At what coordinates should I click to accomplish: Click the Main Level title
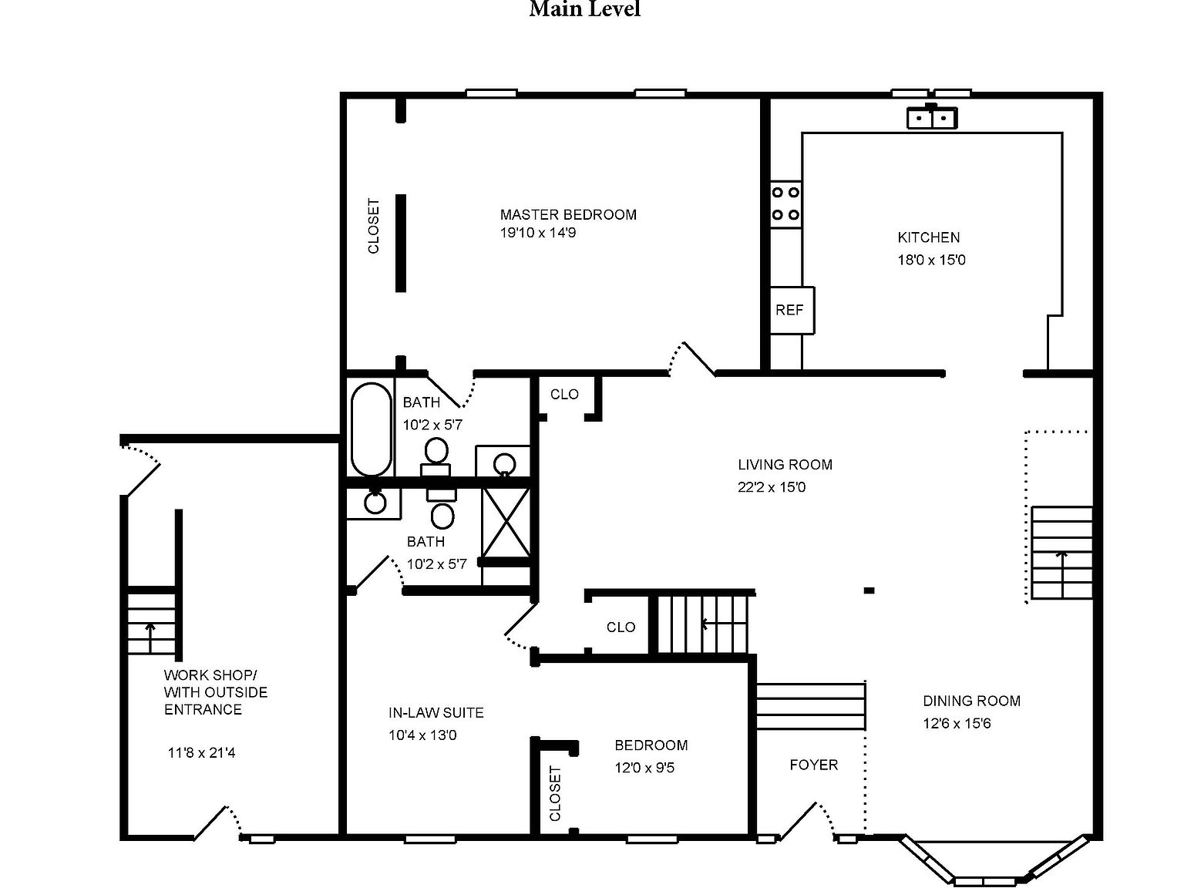[584, 10]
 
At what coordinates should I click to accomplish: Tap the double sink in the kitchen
[931, 118]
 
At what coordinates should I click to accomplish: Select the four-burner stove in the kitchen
[785, 203]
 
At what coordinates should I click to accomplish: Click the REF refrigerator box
[791, 310]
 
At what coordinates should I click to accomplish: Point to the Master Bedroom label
[568, 214]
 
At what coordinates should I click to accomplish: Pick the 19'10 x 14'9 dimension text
[537, 233]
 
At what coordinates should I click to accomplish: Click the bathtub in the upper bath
[371, 429]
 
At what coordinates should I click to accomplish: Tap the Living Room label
[785, 465]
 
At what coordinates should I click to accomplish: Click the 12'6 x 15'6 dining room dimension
[957, 723]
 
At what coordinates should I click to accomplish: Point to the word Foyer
[813, 765]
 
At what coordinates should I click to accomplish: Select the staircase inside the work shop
[151, 621]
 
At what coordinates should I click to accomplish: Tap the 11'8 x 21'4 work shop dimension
[201, 752]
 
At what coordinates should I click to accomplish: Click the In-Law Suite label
[436, 713]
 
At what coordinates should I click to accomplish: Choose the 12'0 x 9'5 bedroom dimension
[644, 768]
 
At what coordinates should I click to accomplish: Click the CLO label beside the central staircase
[621, 627]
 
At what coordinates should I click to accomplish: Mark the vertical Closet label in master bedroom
[374, 227]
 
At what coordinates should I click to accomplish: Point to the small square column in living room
[869, 590]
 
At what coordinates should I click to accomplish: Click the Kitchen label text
[928, 237]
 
